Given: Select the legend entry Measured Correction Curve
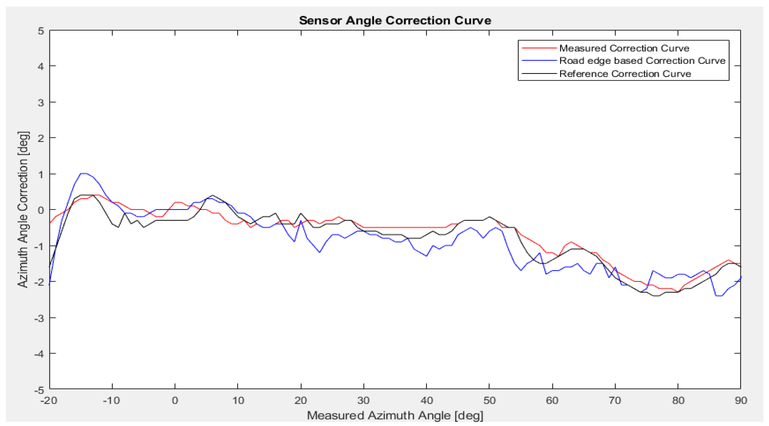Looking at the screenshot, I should (624, 48).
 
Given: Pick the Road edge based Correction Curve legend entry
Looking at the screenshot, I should (642, 61).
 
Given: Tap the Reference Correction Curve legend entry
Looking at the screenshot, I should (625, 74).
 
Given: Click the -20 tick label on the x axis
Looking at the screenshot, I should (49, 400).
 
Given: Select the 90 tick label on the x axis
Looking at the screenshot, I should (741, 400).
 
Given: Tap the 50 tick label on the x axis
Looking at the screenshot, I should (489, 400).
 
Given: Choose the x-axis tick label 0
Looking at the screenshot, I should (175, 400).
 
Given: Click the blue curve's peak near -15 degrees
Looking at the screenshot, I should (83, 173).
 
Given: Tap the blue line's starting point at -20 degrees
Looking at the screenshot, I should (50, 285).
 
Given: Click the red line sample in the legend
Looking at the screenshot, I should (539, 48).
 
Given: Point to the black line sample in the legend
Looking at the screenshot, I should (539, 74).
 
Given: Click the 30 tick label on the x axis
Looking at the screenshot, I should (364, 400).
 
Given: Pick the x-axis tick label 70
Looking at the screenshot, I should (615, 400).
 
